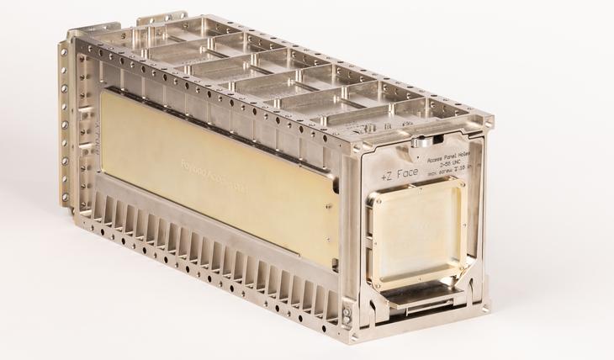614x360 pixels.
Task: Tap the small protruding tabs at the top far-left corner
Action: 160,18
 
